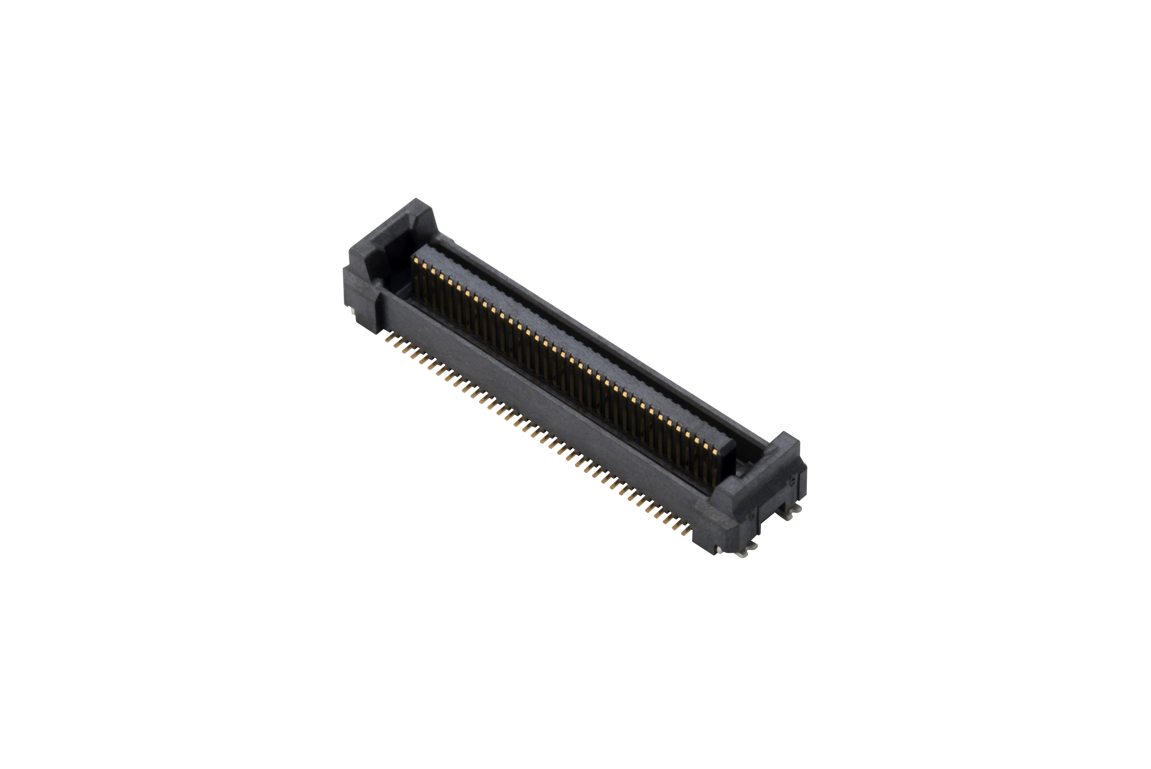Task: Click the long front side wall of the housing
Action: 539,407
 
